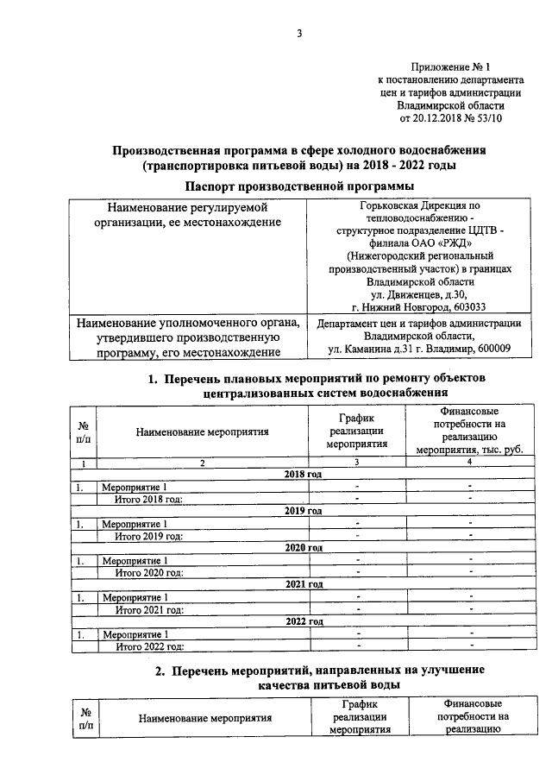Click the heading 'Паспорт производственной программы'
(298, 186)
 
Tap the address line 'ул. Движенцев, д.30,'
(420, 293)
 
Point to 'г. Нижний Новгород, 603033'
(420, 306)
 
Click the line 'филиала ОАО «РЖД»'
(420, 242)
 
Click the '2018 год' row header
(303, 475)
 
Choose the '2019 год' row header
(303, 511)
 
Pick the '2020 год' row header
(303, 547)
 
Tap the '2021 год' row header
(303, 584)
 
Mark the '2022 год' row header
(303, 621)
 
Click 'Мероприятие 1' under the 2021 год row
(134, 597)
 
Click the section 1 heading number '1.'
(151, 379)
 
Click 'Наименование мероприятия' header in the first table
(203, 431)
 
